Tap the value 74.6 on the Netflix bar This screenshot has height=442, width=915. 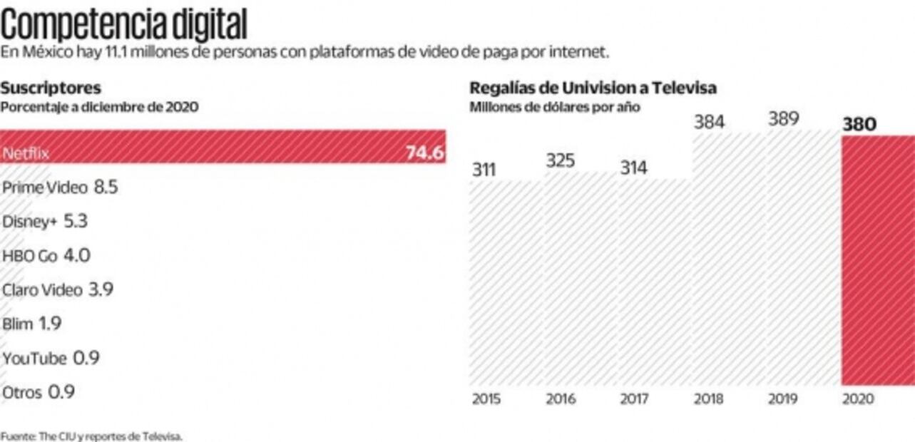click(x=425, y=153)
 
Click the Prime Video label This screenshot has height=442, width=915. click(x=45, y=187)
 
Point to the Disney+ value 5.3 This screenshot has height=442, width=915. click(x=76, y=221)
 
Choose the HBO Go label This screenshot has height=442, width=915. click(x=29, y=256)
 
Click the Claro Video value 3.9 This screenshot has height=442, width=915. click(x=101, y=289)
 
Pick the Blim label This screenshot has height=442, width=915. click(x=18, y=324)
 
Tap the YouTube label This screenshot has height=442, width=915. click(x=34, y=358)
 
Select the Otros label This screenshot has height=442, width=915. click(x=22, y=392)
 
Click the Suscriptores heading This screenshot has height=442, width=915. click(x=51, y=88)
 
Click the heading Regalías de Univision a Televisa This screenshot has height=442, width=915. click(x=593, y=88)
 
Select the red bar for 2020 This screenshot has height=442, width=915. click(x=877, y=260)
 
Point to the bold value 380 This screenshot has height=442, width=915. click(x=859, y=125)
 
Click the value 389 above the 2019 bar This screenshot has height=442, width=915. click(x=783, y=119)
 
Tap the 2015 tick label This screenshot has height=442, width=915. click(x=486, y=399)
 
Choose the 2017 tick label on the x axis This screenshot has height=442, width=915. click(x=634, y=399)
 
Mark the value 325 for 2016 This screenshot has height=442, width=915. click(x=561, y=160)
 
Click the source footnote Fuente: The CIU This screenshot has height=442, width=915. click(x=91, y=435)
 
